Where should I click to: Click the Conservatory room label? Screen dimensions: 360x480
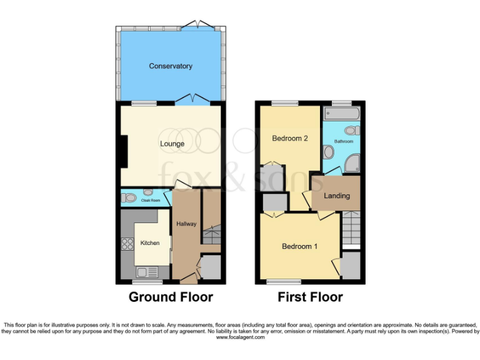pyautogui.click(x=171, y=66)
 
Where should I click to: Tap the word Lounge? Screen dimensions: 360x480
pyautogui.click(x=172, y=144)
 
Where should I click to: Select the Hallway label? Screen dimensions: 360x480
pyautogui.click(x=186, y=224)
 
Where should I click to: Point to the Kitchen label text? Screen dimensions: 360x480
pyautogui.click(x=149, y=243)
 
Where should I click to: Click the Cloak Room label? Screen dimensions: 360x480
pyautogui.click(x=151, y=201)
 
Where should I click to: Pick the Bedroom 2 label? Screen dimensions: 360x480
pyautogui.click(x=290, y=138)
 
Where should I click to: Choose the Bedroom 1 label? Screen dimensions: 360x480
pyautogui.click(x=300, y=246)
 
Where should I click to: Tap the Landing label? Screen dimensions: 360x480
pyautogui.click(x=336, y=196)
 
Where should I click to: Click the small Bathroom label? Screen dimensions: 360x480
pyautogui.click(x=343, y=142)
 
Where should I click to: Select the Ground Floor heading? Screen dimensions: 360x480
pyautogui.click(x=171, y=297)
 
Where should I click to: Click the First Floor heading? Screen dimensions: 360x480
pyautogui.click(x=310, y=297)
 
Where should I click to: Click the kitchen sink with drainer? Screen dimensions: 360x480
pyautogui.click(x=146, y=272)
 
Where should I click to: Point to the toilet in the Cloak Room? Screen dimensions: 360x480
pyautogui.click(x=129, y=198)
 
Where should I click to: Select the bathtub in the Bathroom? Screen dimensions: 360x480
pyautogui.click(x=342, y=114)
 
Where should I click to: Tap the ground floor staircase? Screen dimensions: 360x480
pyautogui.click(x=212, y=234)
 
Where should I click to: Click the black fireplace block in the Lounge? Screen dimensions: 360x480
pyautogui.click(x=124, y=151)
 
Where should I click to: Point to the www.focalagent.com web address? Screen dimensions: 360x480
pyautogui.click(x=240, y=337)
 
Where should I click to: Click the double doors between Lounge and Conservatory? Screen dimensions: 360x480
pyautogui.click(x=191, y=99)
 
